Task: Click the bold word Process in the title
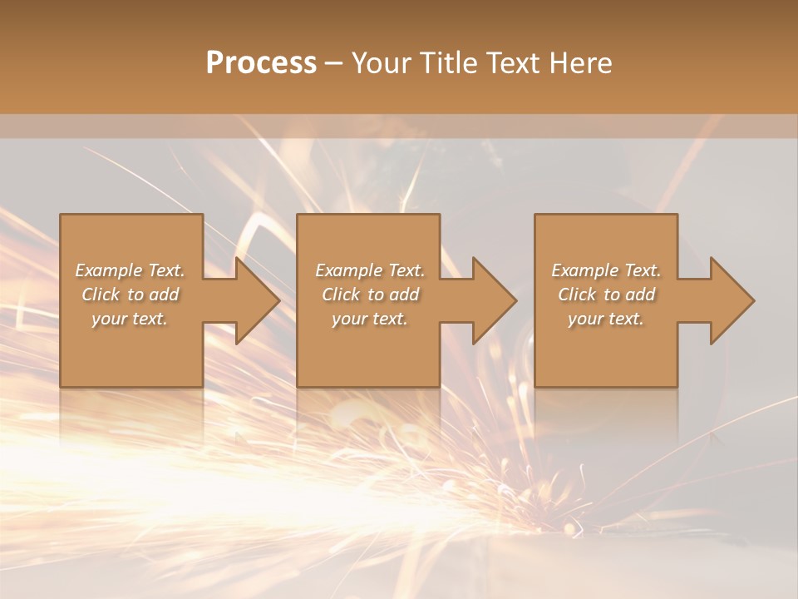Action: pos(261,63)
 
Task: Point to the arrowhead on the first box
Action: pos(254,300)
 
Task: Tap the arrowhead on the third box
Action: pos(728,300)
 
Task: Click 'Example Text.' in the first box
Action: pos(130,270)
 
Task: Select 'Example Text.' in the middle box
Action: pos(369,270)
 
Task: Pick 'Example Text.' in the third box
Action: pos(606,270)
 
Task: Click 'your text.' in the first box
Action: pos(130,319)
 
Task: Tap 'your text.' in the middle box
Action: pos(369,319)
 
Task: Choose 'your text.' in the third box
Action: pos(606,319)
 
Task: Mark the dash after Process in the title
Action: pos(334,64)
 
